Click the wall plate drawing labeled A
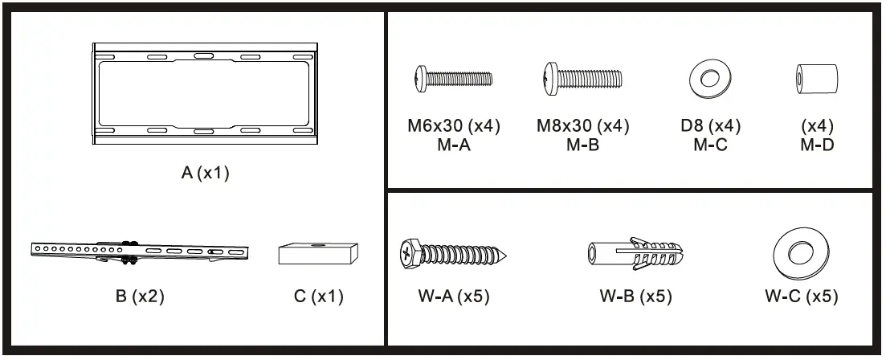tap(205, 94)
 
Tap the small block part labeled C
tap(318, 252)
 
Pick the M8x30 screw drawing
tap(583, 79)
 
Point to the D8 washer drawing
tap(710, 80)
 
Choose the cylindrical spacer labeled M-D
tap(815, 80)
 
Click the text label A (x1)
tap(206, 174)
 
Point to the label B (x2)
tap(140, 297)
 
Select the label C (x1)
tap(319, 297)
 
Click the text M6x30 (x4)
tap(454, 127)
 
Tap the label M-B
tap(582, 145)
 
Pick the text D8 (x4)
tap(710, 127)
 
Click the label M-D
tap(817, 145)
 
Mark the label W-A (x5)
tap(453, 297)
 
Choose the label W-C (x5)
tap(801, 297)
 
